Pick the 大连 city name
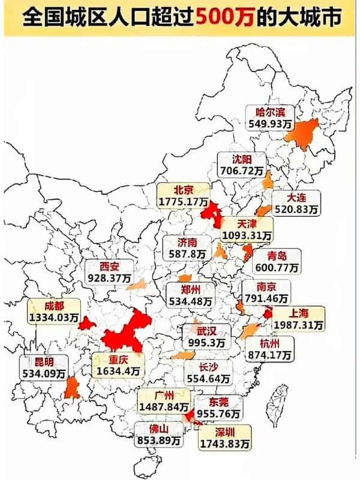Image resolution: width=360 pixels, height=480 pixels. point(296,197)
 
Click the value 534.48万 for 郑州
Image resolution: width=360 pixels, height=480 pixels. point(190,300)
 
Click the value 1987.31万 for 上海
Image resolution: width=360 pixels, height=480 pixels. point(298,325)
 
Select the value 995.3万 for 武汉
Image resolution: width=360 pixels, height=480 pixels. point(206,342)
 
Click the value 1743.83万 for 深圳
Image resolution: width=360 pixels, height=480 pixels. point(226,443)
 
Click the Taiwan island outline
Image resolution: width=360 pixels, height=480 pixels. point(279,402)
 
